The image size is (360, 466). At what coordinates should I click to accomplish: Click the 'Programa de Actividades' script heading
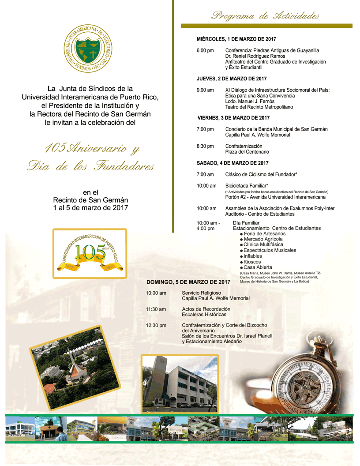265,16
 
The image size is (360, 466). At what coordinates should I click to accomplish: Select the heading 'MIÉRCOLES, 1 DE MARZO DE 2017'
236,39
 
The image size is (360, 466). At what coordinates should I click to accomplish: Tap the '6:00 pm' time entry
205,51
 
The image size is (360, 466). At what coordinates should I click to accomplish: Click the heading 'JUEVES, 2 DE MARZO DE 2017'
232,79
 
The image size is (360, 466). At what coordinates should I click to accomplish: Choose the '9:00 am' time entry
205,90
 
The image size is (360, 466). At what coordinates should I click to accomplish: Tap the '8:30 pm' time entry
205,146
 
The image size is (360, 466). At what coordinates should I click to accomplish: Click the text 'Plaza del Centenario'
247,152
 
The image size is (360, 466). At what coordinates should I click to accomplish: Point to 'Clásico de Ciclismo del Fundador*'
261,175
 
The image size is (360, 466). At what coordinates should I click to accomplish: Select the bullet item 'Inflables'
252,256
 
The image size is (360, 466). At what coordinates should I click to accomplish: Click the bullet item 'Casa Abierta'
258,267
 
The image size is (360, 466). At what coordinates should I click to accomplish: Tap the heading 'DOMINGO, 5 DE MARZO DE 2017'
188,282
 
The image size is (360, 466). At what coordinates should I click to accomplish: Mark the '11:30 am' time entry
156,309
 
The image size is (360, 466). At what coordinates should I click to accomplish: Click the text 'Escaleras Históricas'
204,315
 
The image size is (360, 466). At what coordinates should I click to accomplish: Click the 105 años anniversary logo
90,253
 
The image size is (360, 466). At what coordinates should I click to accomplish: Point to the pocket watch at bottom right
305,380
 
